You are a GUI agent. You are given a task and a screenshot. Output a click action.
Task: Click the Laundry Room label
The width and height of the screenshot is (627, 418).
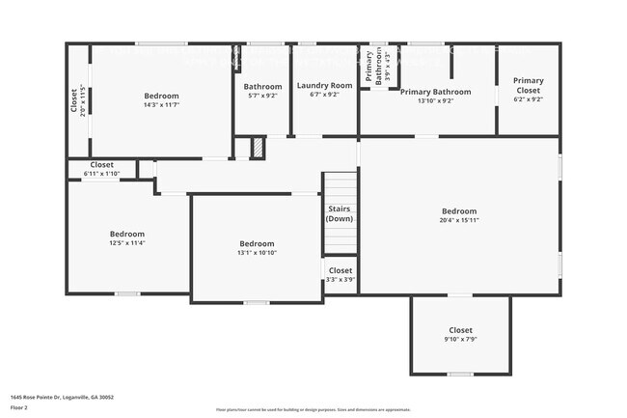[x=324, y=85]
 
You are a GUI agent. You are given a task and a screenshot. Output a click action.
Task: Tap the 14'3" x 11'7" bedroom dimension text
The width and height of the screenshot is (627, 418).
[x=161, y=106]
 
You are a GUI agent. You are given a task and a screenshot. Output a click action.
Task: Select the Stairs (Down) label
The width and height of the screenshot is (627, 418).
[x=339, y=213]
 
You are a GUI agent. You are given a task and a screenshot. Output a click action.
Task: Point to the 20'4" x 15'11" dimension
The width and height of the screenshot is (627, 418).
[x=459, y=221]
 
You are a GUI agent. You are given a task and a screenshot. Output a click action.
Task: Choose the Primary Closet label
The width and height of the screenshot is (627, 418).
[x=528, y=85]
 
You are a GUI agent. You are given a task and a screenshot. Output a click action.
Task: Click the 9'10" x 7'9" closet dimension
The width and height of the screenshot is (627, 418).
[x=460, y=340]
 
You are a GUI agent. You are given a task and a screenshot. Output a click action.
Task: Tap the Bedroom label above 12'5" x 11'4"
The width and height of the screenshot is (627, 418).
[x=126, y=234]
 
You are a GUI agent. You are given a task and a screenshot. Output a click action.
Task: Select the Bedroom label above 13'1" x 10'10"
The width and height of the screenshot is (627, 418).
[x=257, y=243]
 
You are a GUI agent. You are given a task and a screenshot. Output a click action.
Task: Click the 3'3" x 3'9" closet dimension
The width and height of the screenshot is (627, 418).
[x=340, y=281]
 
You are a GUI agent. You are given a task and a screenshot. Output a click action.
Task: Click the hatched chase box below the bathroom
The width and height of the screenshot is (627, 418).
[x=258, y=149]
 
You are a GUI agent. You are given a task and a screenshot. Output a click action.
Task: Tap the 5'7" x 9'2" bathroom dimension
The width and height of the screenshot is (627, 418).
[x=262, y=96]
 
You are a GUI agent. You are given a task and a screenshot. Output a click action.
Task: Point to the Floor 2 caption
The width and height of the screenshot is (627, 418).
[x=19, y=407]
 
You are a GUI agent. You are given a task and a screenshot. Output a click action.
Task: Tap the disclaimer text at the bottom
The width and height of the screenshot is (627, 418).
[x=313, y=409]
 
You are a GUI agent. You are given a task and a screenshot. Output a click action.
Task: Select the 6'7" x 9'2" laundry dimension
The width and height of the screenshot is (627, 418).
[x=324, y=96]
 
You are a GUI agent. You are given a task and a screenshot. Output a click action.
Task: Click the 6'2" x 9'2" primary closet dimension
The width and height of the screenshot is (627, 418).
[x=528, y=98]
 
